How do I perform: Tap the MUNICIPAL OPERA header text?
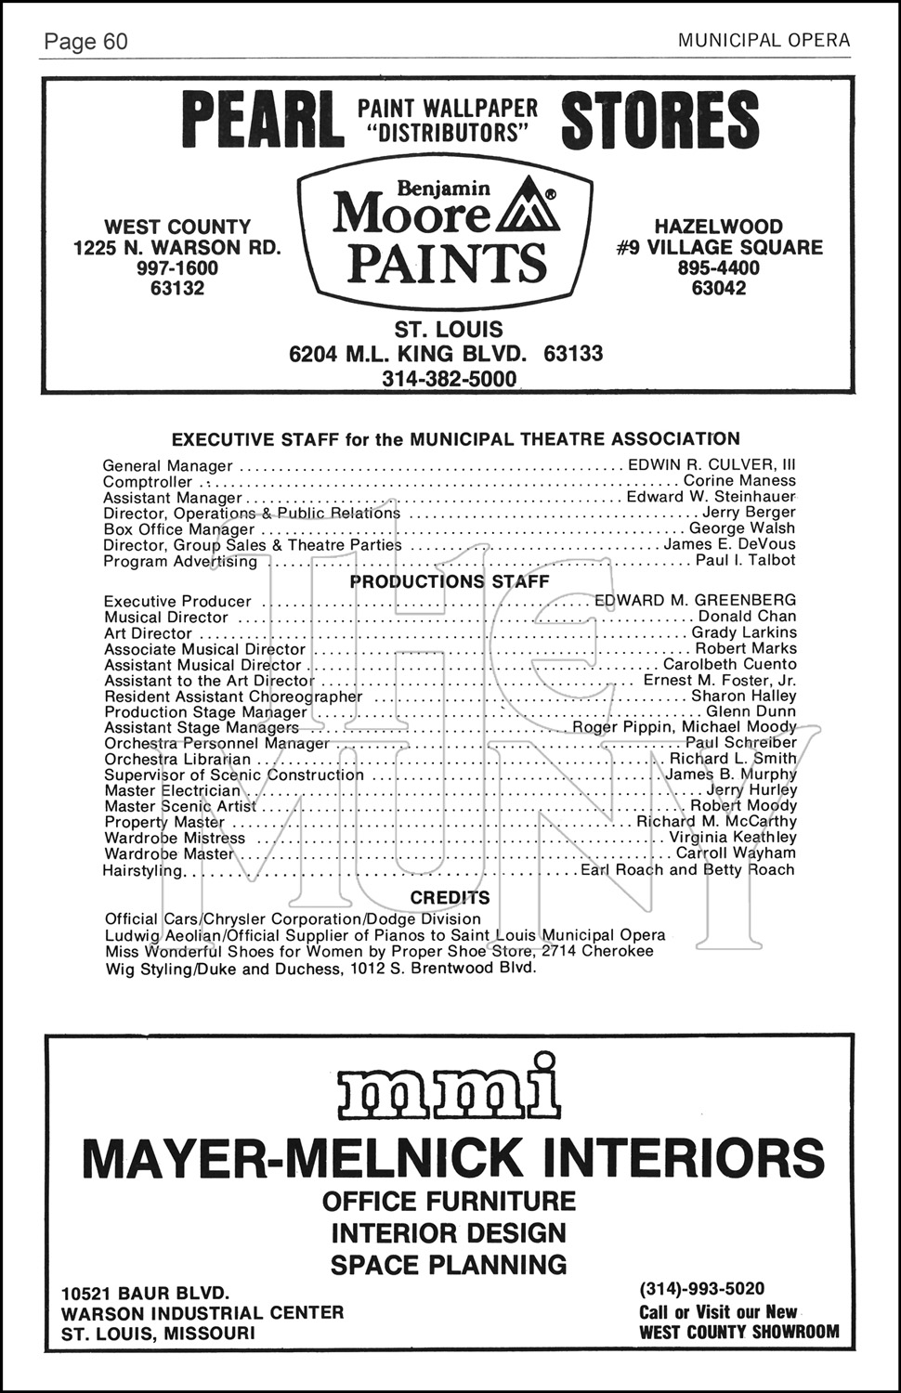(764, 40)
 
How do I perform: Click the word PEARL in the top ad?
(261, 122)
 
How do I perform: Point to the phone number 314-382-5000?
(449, 379)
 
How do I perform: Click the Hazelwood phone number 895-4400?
(719, 267)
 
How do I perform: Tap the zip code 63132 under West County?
(176, 288)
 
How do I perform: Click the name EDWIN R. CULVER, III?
(712, 464)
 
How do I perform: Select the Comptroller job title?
(148, 482)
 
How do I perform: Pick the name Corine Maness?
(739, 481)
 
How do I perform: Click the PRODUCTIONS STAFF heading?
(450, 581)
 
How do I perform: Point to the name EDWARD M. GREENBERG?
(695, 600)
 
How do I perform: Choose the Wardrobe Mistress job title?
(175, 838)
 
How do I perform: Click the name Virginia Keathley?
(733, 837)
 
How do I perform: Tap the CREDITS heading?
(450, 898)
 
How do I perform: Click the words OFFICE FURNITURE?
(449, 1201)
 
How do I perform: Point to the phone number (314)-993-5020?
(701, 1289)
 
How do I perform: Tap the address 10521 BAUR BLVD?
(145, 1293)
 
